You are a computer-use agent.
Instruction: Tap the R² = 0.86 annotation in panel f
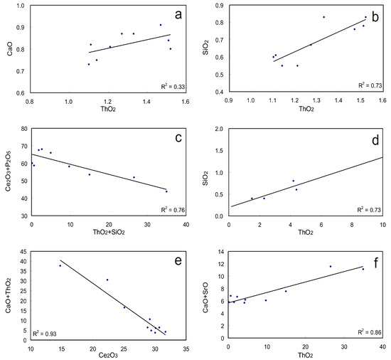[368, 332]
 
